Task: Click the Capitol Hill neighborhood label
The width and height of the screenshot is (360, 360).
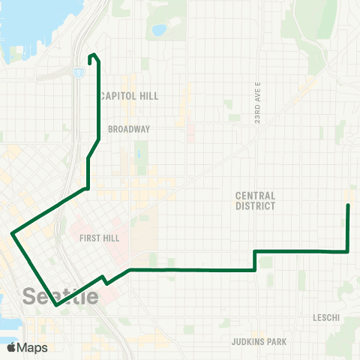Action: click(x=130, y=96)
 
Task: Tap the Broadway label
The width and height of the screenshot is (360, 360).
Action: click(x=129, y=129)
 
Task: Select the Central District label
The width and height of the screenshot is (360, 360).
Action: click(x=255, y=200)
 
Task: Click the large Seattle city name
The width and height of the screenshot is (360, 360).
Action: click(x=61, y=296)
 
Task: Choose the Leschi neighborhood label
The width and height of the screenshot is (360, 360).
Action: click(x=327, y=318)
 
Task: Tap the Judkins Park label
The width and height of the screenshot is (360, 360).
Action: click(x=259, y=342)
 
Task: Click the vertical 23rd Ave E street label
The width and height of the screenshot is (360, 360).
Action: click(x=257, y=100)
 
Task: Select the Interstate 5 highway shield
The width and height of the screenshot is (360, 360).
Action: click(x=79, y=71)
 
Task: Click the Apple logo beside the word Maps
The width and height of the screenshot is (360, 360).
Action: click(x=11, y=347)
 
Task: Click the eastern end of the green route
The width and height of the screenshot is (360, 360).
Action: click(x=348, y=205)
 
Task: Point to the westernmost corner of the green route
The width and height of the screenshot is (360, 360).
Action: click(x=13, y=234)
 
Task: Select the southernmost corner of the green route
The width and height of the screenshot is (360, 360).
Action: click(x=56, y=305)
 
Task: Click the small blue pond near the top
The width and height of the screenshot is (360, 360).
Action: click(x=158, y=31)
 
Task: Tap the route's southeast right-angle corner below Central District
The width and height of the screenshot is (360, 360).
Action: click(x=348, y=252)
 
